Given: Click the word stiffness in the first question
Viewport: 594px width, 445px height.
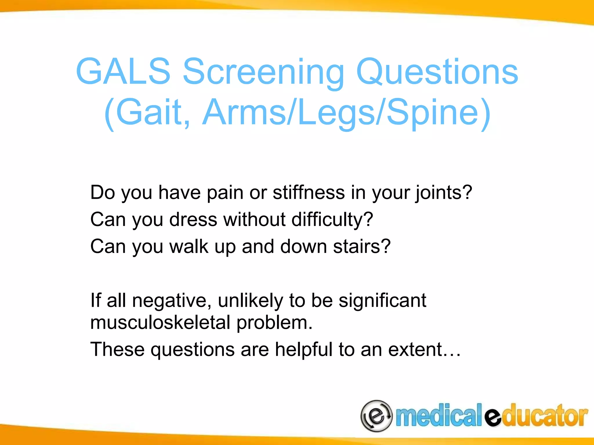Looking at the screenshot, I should click(309, 193).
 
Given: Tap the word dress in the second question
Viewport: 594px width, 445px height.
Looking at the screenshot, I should click(193, 219).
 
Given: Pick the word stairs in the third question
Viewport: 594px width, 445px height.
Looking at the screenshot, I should click(356, 247).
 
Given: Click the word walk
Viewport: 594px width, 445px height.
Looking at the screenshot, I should click(189, 247).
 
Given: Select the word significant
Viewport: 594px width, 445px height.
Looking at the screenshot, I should click(382, 301).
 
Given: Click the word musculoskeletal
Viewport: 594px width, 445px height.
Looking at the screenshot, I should click(160, 323).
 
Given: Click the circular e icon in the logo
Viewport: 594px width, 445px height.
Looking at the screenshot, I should click(376, 416).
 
